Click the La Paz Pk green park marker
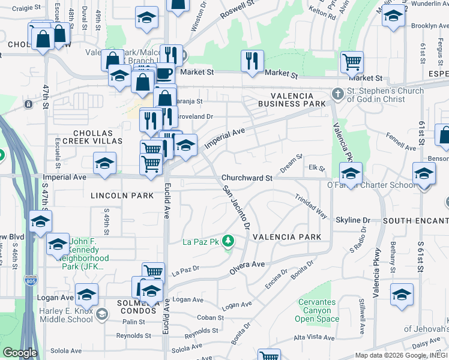228,242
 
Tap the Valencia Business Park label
292,100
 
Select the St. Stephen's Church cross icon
338,94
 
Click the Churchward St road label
247,178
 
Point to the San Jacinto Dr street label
236,208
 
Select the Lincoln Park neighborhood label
114,196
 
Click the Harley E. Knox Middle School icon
101,314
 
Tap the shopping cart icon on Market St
352,61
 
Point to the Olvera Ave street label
247,268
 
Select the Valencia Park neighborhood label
287,237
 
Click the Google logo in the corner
20,353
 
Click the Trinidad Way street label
310,206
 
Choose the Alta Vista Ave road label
313,338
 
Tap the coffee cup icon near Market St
164,73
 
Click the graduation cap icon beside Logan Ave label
86,295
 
